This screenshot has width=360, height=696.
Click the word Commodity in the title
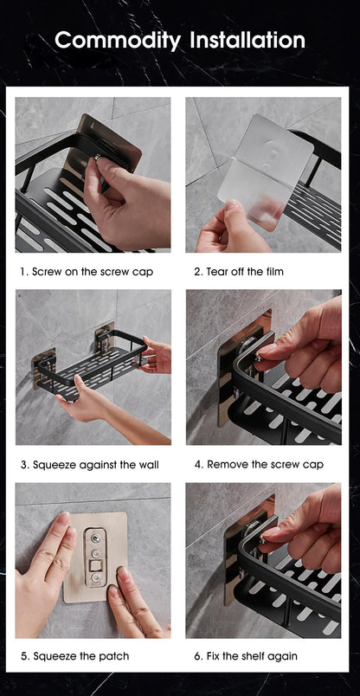[118, 40]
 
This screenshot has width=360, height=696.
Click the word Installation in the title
[247, 40]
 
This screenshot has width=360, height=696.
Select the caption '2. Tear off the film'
[239, 272]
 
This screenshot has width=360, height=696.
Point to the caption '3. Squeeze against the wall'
[89, 465]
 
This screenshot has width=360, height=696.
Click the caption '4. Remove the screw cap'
[259, 465]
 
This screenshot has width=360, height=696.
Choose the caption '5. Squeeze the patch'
[74, 656]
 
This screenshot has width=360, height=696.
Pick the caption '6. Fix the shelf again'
[246, 656]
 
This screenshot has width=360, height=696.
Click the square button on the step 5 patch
[96, 572]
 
